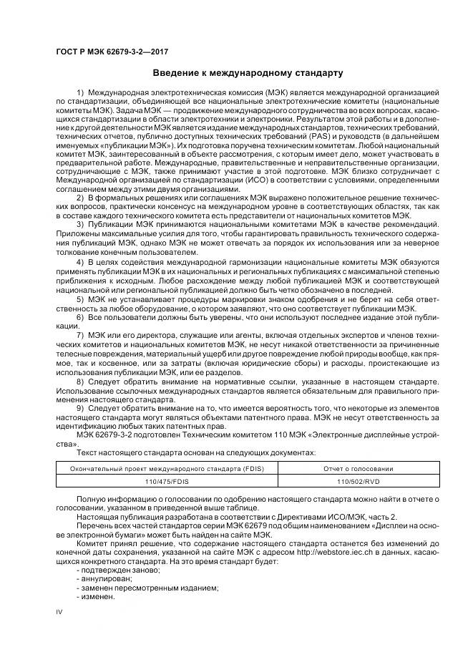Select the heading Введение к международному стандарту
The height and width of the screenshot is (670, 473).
(x=248, y=73)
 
